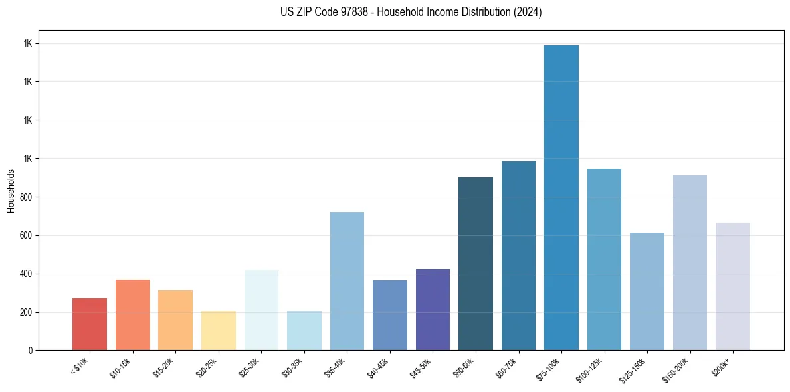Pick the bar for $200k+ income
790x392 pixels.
[x=733, y=286]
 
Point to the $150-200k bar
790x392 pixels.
[x=690, y=262]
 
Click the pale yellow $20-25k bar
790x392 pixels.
[x=219, y=330]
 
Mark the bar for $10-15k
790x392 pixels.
[x=133, y=315]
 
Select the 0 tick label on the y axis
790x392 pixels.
[x=29, y=351]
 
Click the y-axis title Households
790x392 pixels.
[x=11, y=191]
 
